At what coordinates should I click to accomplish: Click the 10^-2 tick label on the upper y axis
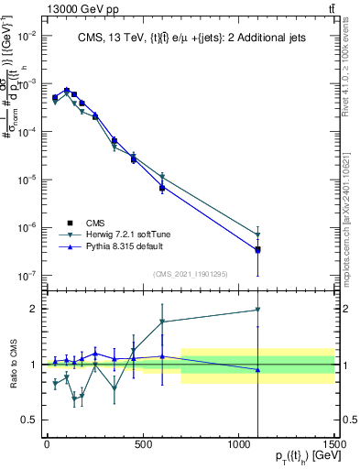(27, 36)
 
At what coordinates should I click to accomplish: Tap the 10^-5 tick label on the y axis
(27, 180)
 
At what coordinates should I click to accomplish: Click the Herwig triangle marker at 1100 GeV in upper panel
(258, 235)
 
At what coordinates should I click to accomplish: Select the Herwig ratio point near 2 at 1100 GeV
(258, 310)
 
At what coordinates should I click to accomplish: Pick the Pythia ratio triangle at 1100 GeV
(258, 370)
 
